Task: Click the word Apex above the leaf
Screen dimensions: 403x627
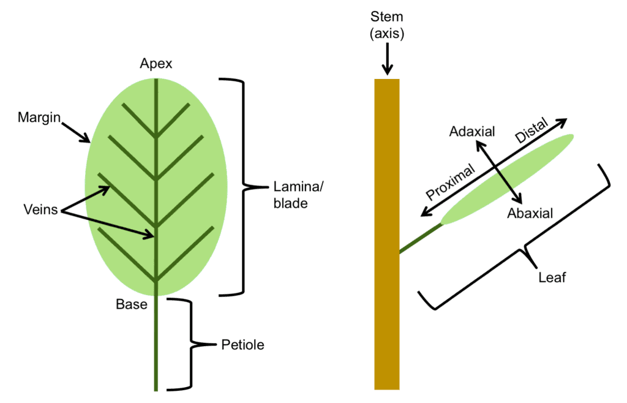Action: pyautogui.click(x=156, y=64)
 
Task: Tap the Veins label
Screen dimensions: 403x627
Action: pyautogui.click(x=40, y=210)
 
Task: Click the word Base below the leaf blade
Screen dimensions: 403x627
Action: pyautogui.click(x=132, y=304)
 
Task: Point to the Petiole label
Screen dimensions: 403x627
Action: pyautogui.click(x=242, y=345)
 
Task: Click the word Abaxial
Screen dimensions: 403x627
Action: pyautogui.click(x=530, y=213)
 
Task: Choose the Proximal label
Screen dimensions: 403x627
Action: pyautogui.click(x=451, y=182)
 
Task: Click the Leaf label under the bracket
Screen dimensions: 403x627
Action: pyautogui.click(x=552, y=277)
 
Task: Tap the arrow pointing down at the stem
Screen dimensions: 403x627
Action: pyautogui.click(x=386, y=61)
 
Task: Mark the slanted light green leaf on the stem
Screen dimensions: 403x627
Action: pyautogui.click(x=508, y=179)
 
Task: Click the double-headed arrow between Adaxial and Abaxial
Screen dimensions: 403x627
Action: pyautogui.click(x=499, y=172)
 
